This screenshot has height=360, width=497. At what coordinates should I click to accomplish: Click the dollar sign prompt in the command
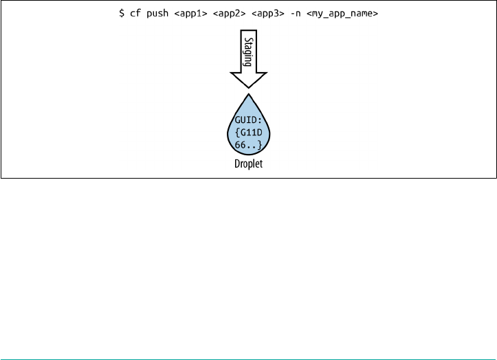[122, 14]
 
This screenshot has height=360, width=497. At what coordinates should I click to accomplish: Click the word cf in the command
[135, 14]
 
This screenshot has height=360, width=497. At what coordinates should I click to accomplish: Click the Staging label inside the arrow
[248, 52]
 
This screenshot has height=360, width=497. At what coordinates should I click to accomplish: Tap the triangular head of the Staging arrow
[248, 80]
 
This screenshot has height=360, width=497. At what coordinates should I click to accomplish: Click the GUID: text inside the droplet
[248, 118]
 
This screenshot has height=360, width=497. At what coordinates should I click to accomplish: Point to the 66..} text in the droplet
[248, 144]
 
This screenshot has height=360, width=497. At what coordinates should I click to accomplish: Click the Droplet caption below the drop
[248, 166]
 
